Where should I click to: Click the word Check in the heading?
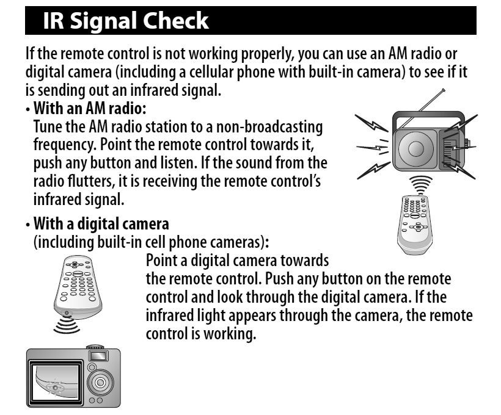coord(175,20)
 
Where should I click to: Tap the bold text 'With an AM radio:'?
coord(90,108)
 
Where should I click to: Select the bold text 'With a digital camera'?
coord(101,223)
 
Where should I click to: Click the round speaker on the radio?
coord(415,149)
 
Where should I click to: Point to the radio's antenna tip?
coord(443,90)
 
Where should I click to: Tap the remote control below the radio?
coord(415,225)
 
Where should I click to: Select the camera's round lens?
coord(100,382)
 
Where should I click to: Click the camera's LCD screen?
coord(55,383)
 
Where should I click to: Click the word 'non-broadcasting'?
coord(269,127)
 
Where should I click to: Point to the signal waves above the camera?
coord(66,325)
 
